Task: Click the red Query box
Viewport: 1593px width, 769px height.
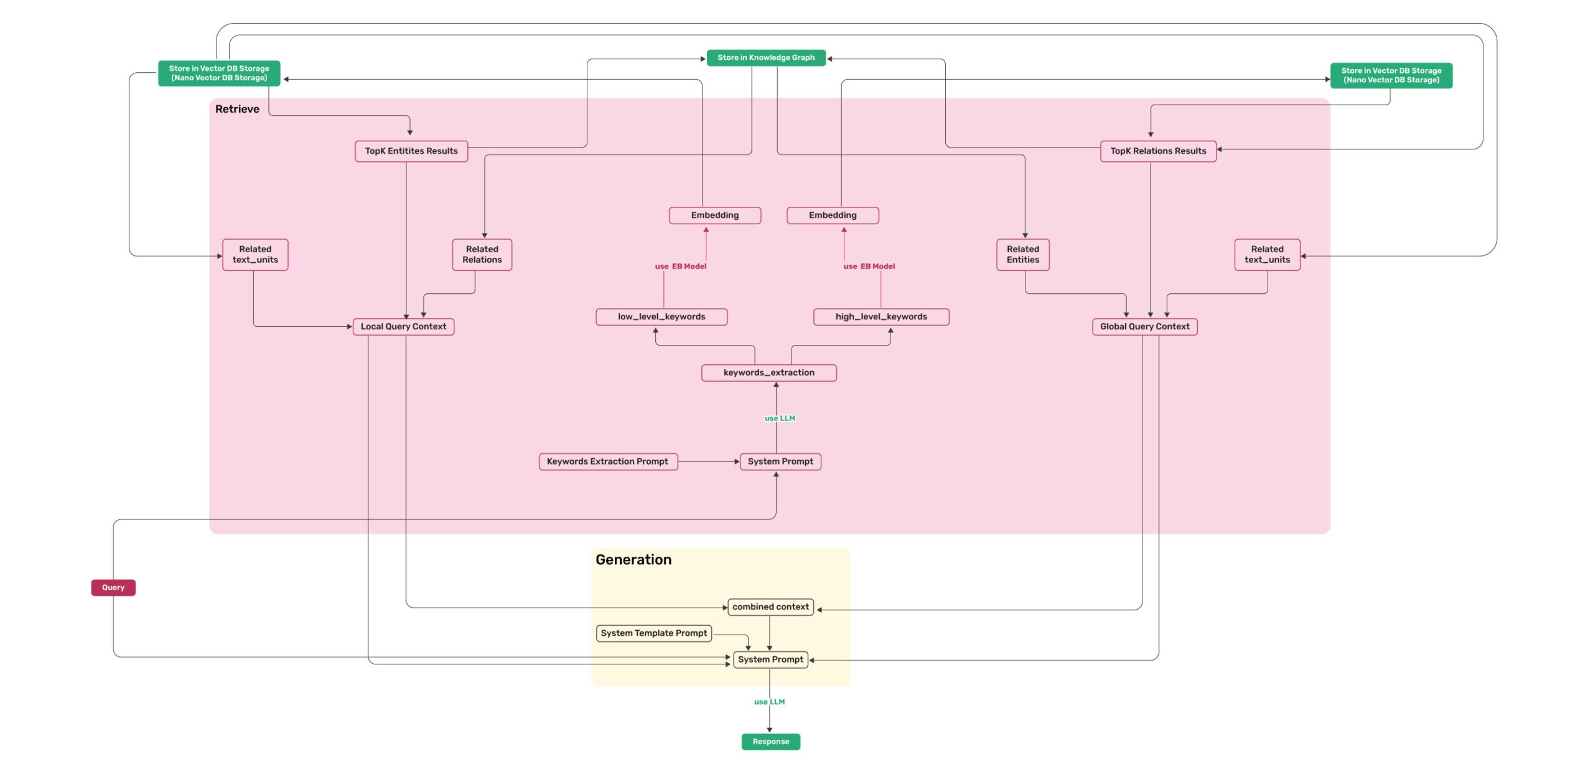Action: (x=113, y=587)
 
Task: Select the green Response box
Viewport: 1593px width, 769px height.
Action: (x=770, y=741)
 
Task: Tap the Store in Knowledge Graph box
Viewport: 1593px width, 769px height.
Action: (x=766, y=57)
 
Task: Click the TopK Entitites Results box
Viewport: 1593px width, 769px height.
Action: (x=411, y=151)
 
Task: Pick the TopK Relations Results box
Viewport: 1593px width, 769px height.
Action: (x=1158, y=151)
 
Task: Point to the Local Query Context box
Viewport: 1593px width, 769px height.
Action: (x=403, y=326)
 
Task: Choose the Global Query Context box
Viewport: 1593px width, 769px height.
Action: (x=1144, y=326)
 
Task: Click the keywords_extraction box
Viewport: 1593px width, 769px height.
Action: (x=768, y=372)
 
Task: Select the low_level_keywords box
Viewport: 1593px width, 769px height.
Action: (x=661, y=316)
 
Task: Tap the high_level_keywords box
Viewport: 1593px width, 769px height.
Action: (x=881, y=316)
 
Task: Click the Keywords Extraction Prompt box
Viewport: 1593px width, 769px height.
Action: (x=607, y=461)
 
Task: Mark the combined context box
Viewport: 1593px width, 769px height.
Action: (x=770, y=606)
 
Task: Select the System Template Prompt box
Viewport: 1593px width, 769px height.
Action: (x=653, y=633)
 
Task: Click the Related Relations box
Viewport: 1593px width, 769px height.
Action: (x=482, y=254)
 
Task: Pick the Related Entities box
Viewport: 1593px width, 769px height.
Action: (x=1022, y=254)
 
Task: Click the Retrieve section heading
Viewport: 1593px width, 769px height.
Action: (x=237, y=109)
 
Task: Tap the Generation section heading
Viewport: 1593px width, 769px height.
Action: (x=633, y=559)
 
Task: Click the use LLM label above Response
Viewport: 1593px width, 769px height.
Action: (x=769, y=702)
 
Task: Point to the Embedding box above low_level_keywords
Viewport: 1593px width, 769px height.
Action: (x=714, y=215)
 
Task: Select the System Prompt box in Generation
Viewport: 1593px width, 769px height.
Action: (x=770, y=659)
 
